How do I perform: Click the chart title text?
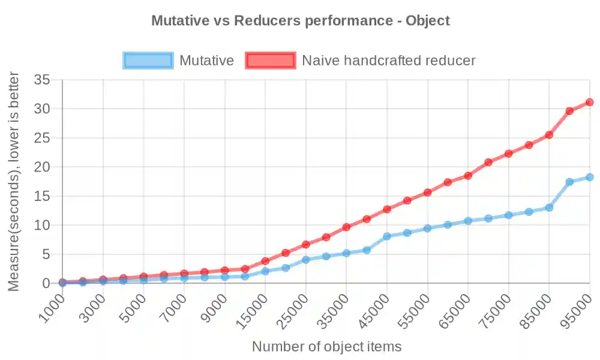(300, 20)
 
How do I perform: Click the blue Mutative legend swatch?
(148, 60)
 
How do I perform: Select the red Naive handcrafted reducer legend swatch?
(270, 60)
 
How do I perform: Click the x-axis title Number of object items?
(326, 346)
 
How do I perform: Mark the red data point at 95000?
(590, 102)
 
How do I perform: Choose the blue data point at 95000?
(590, 177)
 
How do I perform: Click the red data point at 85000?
(549, 135)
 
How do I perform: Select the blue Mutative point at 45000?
(387, 236)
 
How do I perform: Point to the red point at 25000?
(306, 244)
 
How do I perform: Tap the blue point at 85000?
(549, 208)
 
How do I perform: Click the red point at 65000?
(468, 176)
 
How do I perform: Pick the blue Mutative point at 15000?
(265, 271)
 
